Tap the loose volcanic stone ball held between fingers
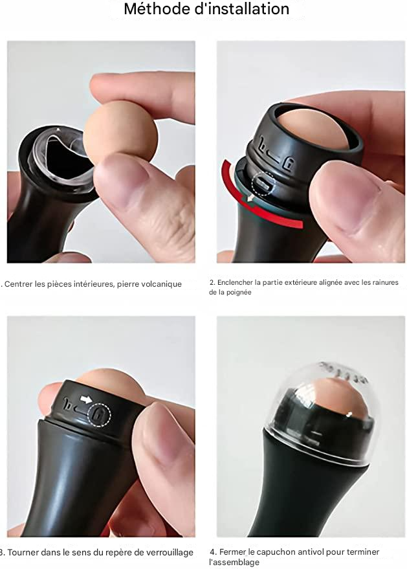click(x=120, y=133)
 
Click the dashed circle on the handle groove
click(x=263, y=184)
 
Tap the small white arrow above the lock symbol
click(x=86, y=399)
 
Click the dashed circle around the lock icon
click(x=100, y=414)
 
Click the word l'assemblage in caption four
click(x=234, y=563)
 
